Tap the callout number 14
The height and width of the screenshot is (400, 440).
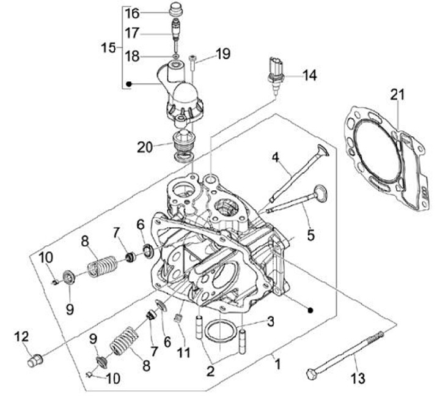pos(310,76)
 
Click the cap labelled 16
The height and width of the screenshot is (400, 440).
pos(176,10)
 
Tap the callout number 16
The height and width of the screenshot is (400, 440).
pos(133,13)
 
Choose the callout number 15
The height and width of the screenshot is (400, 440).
pos(108,48)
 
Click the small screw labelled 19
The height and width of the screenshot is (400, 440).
pos(193,61)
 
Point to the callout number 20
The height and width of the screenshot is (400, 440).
pos(145,146)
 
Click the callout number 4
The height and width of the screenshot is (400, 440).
pos(276,158)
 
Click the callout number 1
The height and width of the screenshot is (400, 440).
pos(277,365)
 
